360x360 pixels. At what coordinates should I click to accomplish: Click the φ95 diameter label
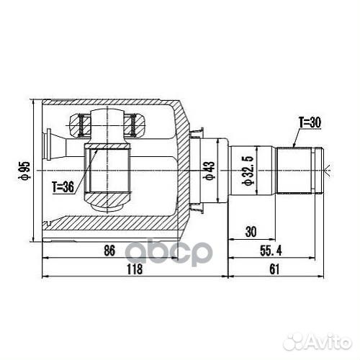[x=27, y=171]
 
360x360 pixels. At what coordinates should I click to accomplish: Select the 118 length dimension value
[x=134, y=269]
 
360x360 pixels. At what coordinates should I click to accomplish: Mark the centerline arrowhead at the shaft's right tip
[x=328, y=171]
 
